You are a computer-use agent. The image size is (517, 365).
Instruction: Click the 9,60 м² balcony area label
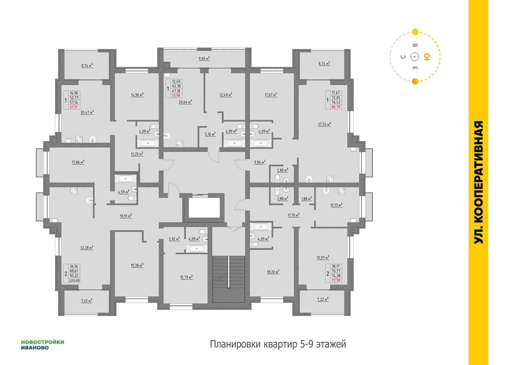204,59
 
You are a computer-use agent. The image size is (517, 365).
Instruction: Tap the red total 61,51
74,107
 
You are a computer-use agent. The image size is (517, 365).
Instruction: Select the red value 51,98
176,96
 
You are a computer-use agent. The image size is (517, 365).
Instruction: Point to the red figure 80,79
336,107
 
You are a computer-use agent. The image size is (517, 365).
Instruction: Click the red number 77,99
336,280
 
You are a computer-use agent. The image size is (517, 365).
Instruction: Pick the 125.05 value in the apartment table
74,281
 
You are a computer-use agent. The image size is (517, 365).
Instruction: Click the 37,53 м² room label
324,124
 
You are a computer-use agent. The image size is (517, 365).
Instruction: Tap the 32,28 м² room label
87,248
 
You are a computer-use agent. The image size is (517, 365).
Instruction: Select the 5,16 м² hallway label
210,134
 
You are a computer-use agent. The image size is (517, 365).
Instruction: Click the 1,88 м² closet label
306,199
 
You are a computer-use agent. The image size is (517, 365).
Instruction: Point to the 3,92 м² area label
174,239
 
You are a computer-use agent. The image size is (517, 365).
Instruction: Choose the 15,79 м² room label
186,277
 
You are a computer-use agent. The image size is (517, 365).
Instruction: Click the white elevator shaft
204,207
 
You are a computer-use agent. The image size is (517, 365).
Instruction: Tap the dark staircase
228,279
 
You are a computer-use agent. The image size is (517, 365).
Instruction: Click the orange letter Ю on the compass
427,57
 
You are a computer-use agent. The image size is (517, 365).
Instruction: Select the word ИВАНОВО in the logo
35,348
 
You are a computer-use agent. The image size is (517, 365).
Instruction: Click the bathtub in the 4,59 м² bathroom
126,179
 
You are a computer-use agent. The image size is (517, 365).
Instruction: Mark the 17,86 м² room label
78,162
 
